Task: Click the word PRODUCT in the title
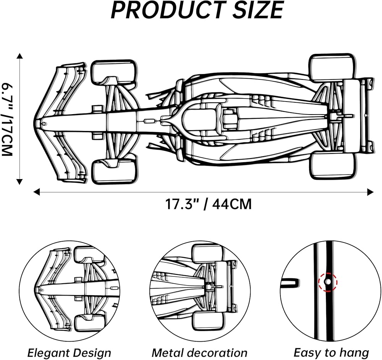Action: (167, 10)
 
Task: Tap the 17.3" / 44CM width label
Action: (208, 204)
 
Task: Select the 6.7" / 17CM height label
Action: (7, 119)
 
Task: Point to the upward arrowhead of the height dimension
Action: (19, 56)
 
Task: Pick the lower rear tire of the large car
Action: (333, 165)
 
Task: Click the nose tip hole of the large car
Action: (44, 124)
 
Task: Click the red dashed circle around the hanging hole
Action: (328, 282)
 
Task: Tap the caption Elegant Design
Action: (69, 353)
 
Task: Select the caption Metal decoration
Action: (199, 353)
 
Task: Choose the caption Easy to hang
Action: (331, 353)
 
